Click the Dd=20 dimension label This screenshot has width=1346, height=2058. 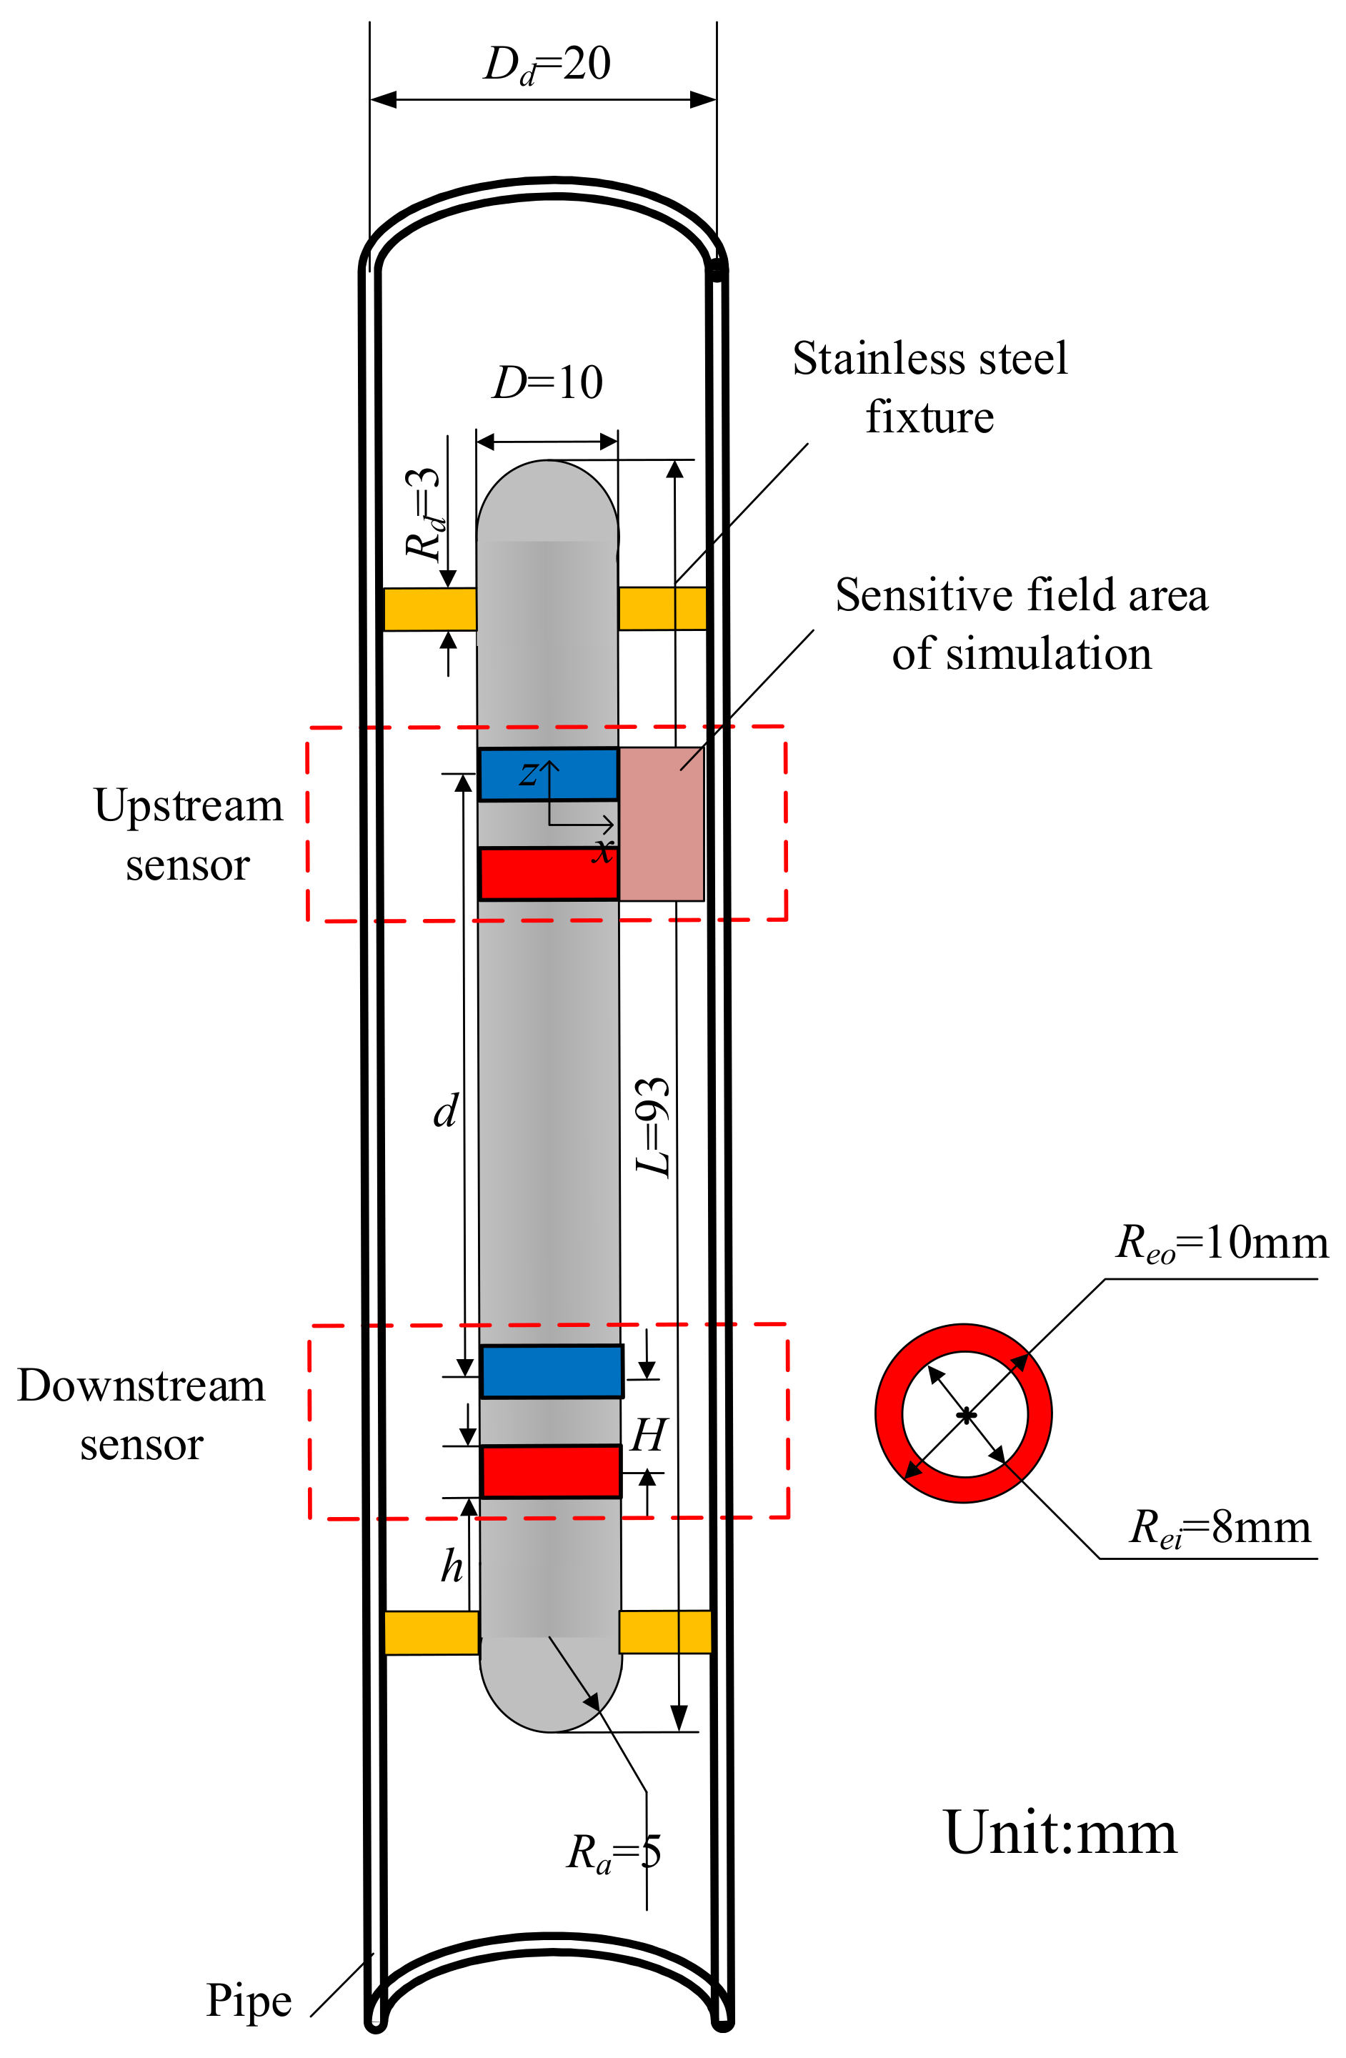547,65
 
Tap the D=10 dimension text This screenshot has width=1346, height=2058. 547,382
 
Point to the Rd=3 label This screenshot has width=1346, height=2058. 424,515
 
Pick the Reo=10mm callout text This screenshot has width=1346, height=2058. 1221,1244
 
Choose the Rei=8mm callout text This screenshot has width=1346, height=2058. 1220,1528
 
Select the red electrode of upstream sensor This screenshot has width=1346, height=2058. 548,874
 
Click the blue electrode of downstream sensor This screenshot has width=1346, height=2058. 552,1371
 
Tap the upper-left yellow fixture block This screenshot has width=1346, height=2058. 429,609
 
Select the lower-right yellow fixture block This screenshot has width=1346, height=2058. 665,1631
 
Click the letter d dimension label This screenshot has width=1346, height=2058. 445,1111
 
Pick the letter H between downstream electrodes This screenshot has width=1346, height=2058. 647,1436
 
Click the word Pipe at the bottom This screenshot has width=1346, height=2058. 248,2001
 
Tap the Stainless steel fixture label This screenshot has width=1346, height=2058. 929,387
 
